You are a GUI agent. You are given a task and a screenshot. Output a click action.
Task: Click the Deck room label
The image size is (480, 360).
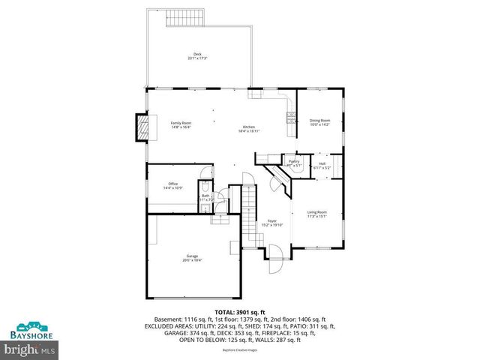[x=198, y=54]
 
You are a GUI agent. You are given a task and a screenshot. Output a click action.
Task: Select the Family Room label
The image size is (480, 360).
[x=181, y=123]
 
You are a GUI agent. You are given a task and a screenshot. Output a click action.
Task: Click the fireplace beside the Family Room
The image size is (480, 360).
[x=141, y=127]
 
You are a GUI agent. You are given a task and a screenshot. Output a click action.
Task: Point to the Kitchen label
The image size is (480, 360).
[x=248, y=127]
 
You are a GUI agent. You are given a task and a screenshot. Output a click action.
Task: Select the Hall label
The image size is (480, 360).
[x=322, y=163]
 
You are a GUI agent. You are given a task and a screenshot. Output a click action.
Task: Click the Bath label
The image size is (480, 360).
[x=205, y=196]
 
